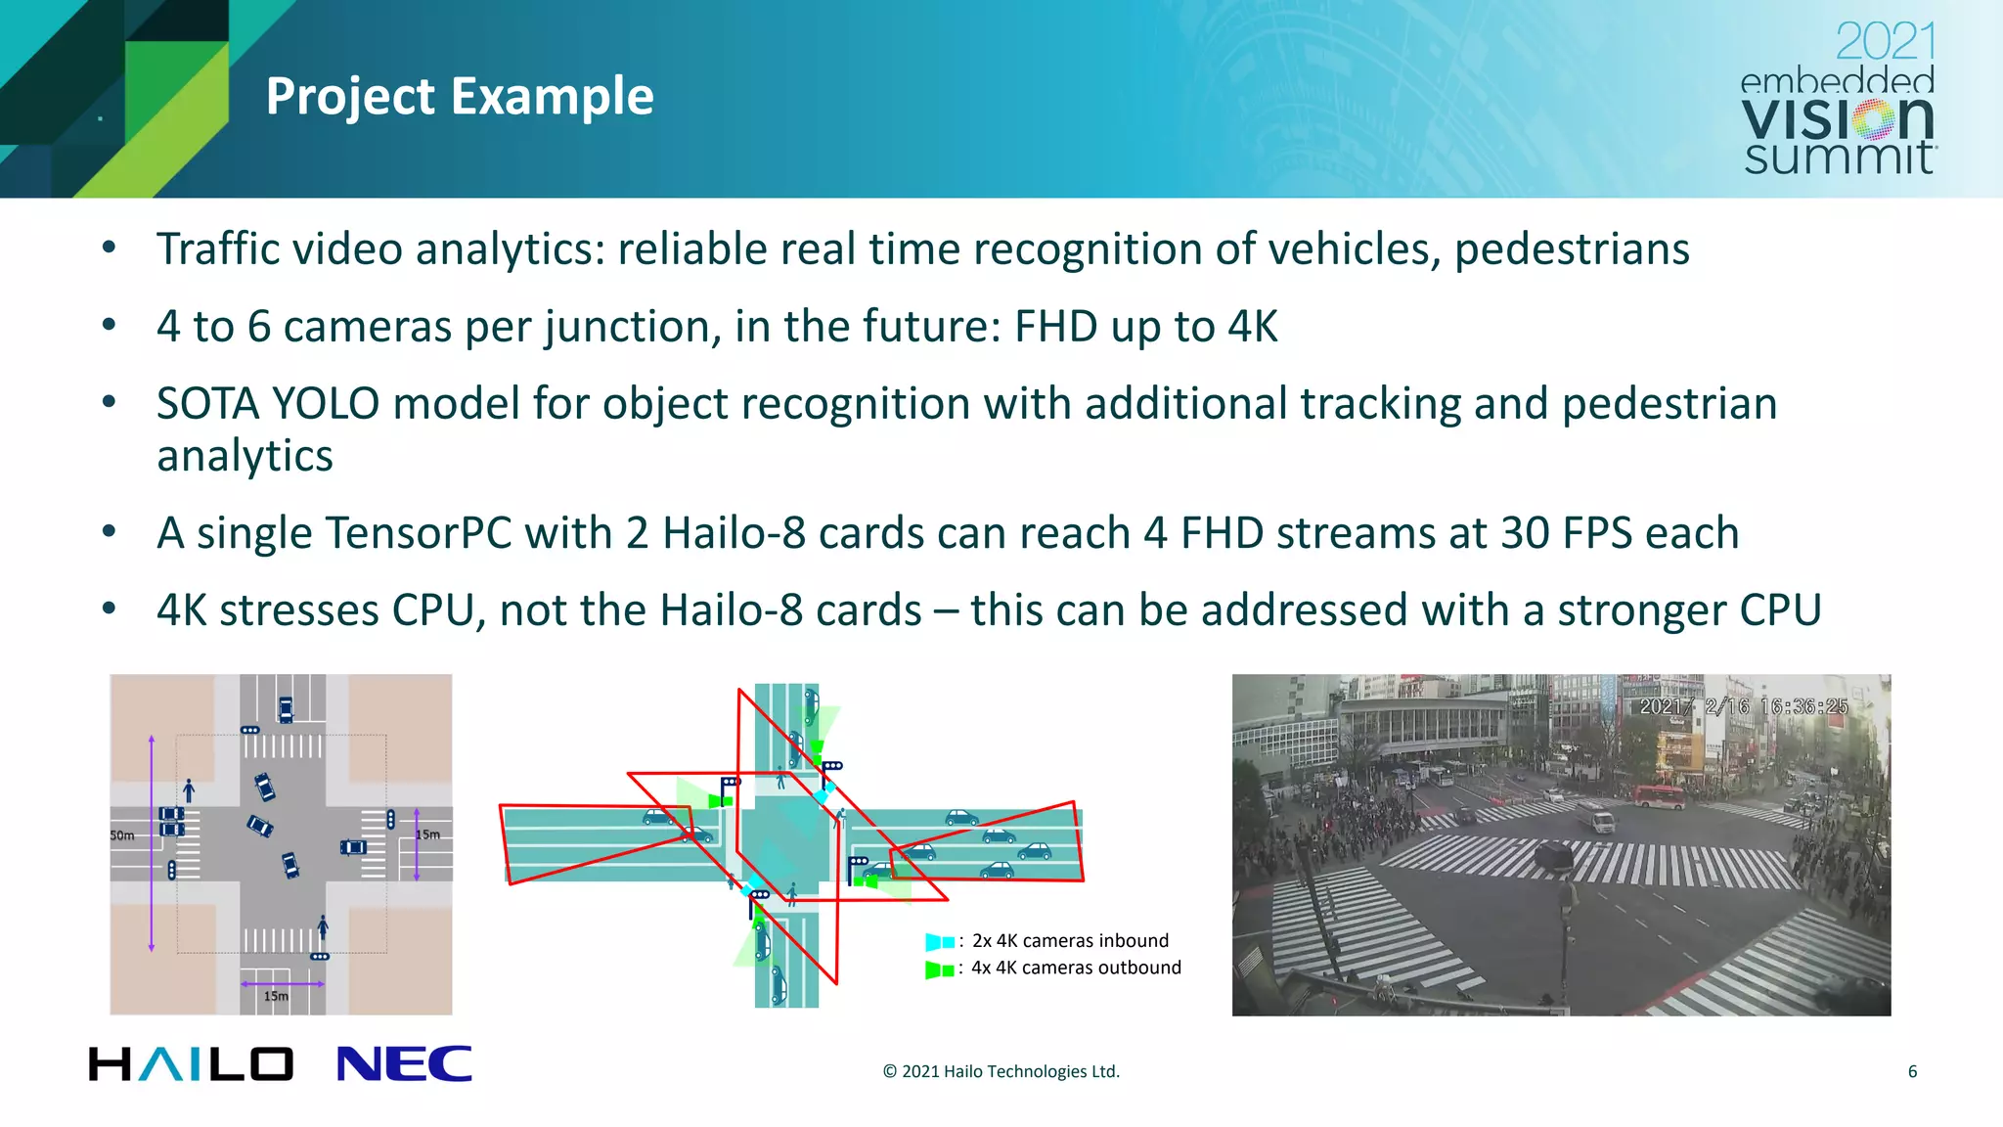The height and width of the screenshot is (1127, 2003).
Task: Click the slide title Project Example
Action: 460,97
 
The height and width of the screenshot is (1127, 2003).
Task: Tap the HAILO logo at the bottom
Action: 191,1064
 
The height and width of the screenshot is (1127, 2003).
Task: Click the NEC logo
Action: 404,1064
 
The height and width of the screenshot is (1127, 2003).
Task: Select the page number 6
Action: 1912,1071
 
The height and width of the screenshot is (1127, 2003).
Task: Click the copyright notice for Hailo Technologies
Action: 1001,1071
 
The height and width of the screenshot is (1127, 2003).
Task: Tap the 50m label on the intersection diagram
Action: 122,835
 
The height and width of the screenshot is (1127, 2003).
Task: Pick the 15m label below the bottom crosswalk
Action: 276,996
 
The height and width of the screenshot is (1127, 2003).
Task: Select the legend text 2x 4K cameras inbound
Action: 1070,941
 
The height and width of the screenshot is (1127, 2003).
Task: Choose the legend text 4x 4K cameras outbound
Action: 1076,968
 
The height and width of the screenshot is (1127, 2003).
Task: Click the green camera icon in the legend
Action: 939,970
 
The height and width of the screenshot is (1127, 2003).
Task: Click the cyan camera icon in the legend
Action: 939,942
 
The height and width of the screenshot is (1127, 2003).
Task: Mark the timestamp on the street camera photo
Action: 1743,706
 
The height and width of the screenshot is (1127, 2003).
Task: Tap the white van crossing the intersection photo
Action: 1601,823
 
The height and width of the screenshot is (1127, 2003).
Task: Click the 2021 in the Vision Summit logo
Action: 1885,42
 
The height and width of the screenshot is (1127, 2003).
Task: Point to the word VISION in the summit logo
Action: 1837,119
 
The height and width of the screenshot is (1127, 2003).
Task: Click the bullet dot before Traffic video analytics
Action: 110,248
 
